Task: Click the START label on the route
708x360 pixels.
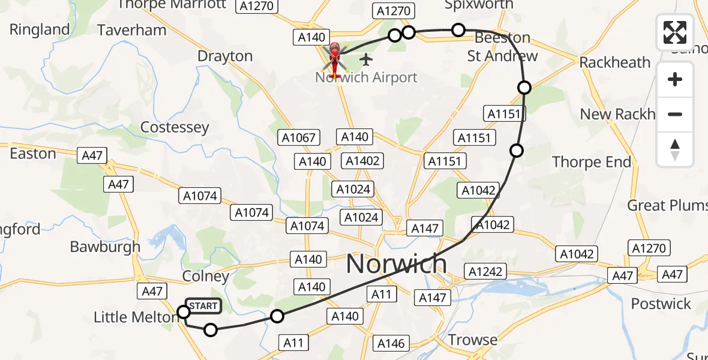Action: (x=203, y=306)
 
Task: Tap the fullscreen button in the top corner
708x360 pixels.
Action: (x=675, y=32)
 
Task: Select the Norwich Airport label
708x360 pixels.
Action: (x=366, y=77)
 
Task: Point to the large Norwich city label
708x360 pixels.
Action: (x=397, y=264)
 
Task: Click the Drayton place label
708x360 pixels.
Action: (x=225, y=56)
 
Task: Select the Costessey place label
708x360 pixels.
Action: (x=175, y=127)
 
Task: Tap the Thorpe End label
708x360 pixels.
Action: (x=592, y=162)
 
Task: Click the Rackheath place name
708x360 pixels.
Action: (x=615, y=62)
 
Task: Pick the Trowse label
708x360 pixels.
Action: (x=473, y=340)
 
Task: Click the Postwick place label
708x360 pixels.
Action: (x=661, y=304)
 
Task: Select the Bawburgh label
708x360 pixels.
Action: (x=105, y=247)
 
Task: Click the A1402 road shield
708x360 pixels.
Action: (x=361, y=161)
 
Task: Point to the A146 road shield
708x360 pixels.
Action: (x=391, y=343)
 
